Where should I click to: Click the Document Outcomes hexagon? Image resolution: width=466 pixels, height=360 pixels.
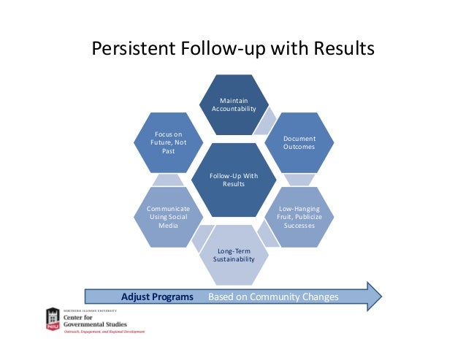pyautogui.click(x=299, y=142)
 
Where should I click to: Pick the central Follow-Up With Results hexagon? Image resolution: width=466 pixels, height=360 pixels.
pyautogui.click(x=234, y=180)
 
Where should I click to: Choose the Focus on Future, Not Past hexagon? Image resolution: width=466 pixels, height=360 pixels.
pyautogui.click(x=168, y=142)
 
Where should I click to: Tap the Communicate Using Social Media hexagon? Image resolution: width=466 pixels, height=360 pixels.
pyautogui.click(x=168, y=217)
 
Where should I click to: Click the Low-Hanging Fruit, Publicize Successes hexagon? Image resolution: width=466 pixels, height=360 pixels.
pyautogui.click(x=299, y=217)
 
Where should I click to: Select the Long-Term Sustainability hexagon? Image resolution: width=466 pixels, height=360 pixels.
pyautogui.click(x=234, y=255)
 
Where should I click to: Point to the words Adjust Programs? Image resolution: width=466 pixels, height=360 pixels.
pyautogui.click(x=157, y=296)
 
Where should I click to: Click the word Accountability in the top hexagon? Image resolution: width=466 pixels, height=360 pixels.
pyautogui.click(x=234, y=109)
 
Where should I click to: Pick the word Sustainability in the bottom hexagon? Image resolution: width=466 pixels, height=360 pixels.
pyautogui.click(x=234, y=259)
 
